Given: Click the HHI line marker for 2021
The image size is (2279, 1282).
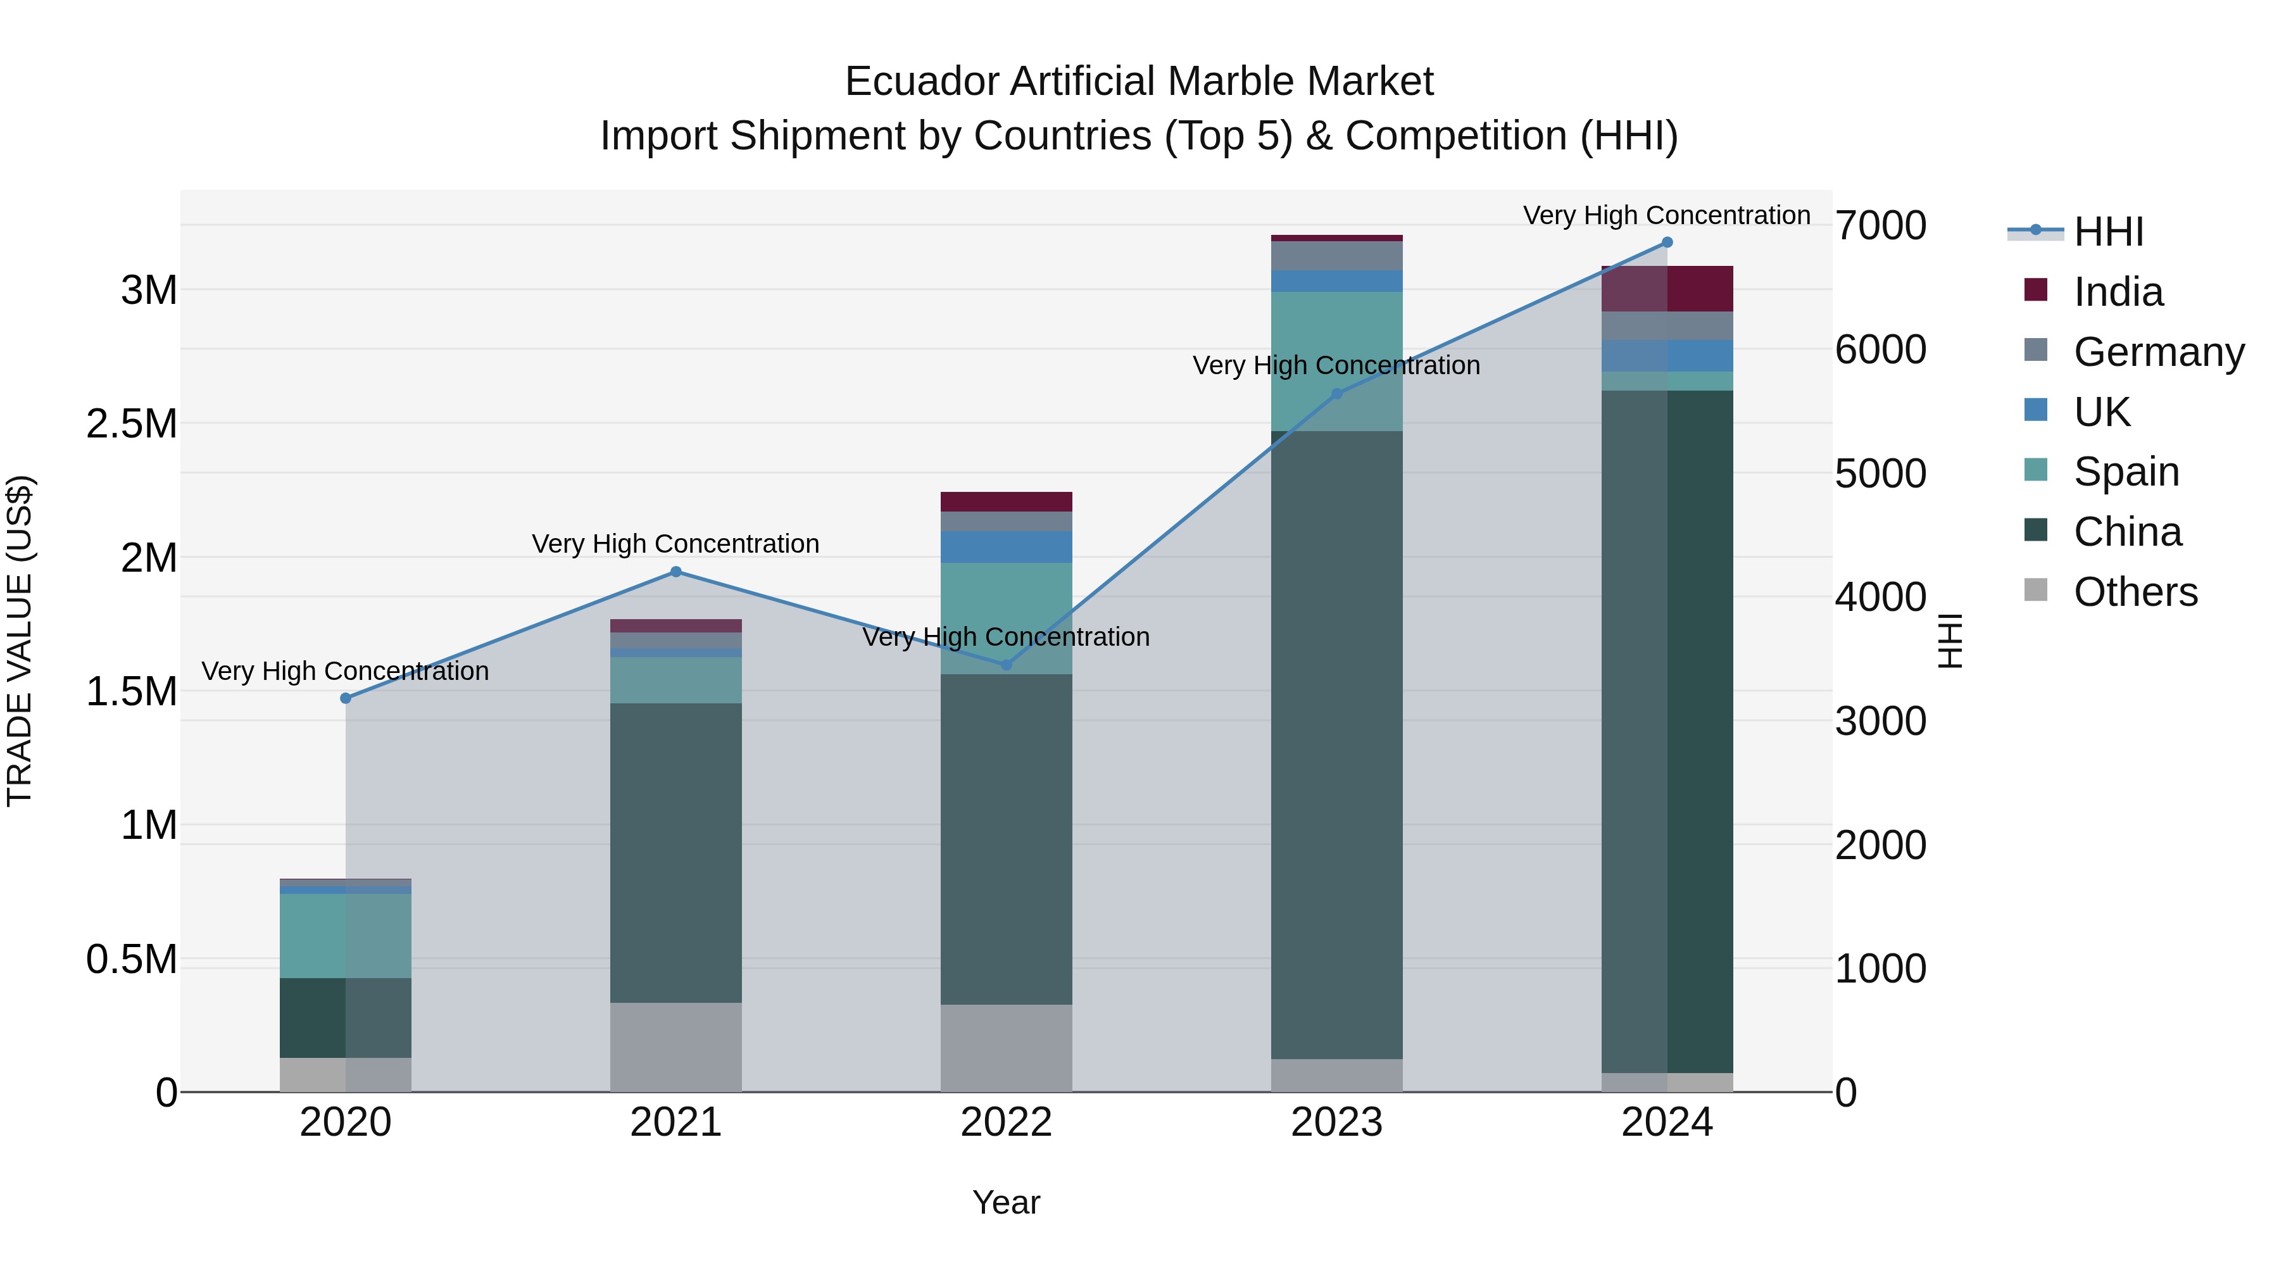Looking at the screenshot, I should tap(676, 572).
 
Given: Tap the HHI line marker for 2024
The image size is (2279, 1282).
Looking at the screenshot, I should tap(1667, 242).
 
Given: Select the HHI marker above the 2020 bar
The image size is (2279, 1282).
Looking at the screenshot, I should tap(346, 698).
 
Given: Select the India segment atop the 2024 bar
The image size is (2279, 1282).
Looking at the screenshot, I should tap(1667, 289).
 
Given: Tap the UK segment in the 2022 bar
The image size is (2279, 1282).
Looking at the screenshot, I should tap(1006, 547).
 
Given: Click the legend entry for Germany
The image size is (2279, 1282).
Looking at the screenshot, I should tap(2158, 351).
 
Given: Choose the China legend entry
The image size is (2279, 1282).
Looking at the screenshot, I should tap(2127, 532).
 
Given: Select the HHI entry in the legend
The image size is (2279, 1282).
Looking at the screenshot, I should tap(2107, 232).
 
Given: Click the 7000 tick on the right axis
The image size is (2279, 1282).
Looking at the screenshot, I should tap(1880, 225).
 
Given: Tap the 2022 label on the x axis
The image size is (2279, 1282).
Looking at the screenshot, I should tap(1006, 1122).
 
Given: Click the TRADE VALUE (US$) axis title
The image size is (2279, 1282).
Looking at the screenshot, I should tap(20, 641).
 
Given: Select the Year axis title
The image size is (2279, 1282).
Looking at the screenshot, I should tap(1006, 1202).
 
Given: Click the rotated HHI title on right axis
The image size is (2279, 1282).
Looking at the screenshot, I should tap(1949, 641).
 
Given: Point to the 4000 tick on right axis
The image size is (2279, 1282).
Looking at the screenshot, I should tap(1880, 597).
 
